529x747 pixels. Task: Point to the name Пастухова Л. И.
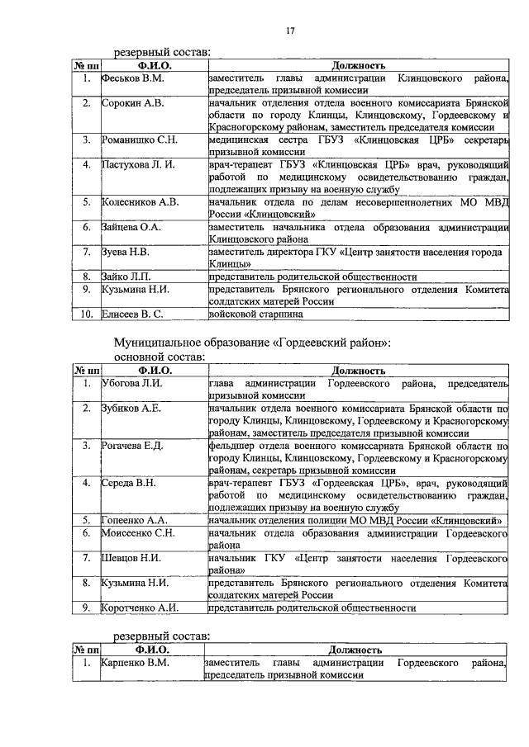138,165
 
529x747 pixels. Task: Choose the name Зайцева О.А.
133,226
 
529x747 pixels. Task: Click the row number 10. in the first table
86,314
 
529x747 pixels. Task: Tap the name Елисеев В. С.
135,314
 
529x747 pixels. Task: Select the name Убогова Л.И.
132,384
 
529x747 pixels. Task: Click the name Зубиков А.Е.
131,409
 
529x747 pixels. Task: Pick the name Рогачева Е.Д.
133,446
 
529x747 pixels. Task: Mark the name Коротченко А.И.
140,608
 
